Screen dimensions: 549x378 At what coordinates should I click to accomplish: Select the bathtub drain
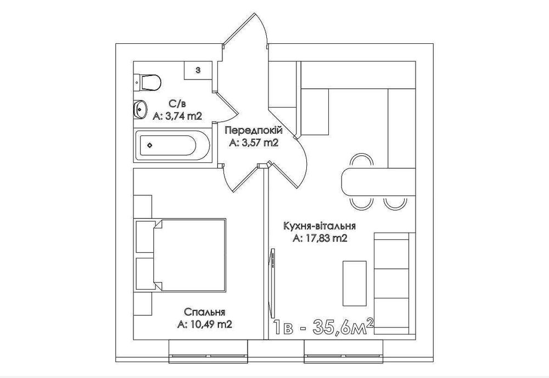(150, 145)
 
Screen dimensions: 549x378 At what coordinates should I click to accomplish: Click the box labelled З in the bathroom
(198, 70)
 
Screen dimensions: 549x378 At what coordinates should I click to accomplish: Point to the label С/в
(177, 104)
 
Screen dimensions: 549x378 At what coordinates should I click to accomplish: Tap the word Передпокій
(254, 131)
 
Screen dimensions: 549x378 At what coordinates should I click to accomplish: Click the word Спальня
(204, 312)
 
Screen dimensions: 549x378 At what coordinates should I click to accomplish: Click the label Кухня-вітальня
(320, 225)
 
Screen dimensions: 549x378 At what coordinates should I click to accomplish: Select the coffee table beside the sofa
(354, 283)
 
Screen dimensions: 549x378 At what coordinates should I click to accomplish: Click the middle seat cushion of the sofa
(392, 283)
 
